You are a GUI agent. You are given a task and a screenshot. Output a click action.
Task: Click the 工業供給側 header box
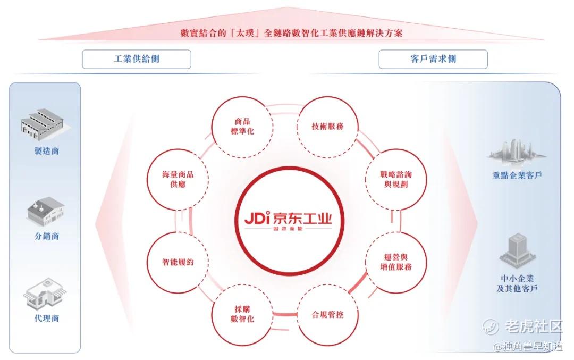[137, 59]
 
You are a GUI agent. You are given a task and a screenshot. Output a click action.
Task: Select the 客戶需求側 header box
[433, 59]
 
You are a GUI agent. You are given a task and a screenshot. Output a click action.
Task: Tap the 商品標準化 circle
[242, 127]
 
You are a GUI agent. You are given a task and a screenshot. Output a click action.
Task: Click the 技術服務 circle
[327, 127]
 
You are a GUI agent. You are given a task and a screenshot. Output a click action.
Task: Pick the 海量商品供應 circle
[178, 179]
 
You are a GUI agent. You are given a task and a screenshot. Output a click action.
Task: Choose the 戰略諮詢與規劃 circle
[396, 179]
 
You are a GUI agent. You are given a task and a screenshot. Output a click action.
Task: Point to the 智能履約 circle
[178, 262]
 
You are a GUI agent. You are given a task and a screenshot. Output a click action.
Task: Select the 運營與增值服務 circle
[396, 262]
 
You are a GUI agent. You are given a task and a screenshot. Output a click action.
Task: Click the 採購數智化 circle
[242, 315]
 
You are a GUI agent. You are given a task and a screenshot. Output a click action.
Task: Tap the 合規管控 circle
[327, 315]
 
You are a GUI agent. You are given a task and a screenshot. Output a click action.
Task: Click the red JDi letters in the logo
[257, 217]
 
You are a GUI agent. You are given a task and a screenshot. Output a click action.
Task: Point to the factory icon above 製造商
[44, 124]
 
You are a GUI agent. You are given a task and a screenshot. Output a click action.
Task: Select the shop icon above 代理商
[45, 294]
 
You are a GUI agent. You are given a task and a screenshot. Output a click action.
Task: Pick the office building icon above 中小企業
[517, 251]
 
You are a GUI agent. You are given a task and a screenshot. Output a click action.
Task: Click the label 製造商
[46, 151]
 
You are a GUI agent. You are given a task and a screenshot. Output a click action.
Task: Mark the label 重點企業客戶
[517, 175]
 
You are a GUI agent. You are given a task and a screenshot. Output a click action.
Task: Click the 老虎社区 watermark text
[534, 326]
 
